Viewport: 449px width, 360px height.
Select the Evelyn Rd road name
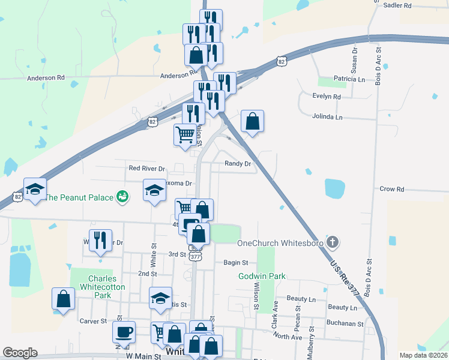[327, 96]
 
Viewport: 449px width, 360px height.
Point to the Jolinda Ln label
[327, 117]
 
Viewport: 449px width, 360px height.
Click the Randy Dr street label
[238, 163]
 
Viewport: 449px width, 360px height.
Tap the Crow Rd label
[392, 189]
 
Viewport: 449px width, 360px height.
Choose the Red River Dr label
[146, 169]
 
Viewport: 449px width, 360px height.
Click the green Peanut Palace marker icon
[122, 196]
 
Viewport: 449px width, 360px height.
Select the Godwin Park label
[261, 276]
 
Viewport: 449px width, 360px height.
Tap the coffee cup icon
[124, 332]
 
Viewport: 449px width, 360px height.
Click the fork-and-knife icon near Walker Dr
[100, 240]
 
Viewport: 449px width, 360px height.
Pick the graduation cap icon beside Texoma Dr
[154, 190]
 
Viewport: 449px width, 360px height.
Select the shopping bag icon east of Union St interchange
[253, 121]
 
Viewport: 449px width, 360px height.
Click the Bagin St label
[236, 262]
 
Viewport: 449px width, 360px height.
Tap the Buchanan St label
[345, 323]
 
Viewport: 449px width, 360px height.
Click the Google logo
[20, 353]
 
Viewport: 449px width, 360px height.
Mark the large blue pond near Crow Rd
[335, 188]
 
